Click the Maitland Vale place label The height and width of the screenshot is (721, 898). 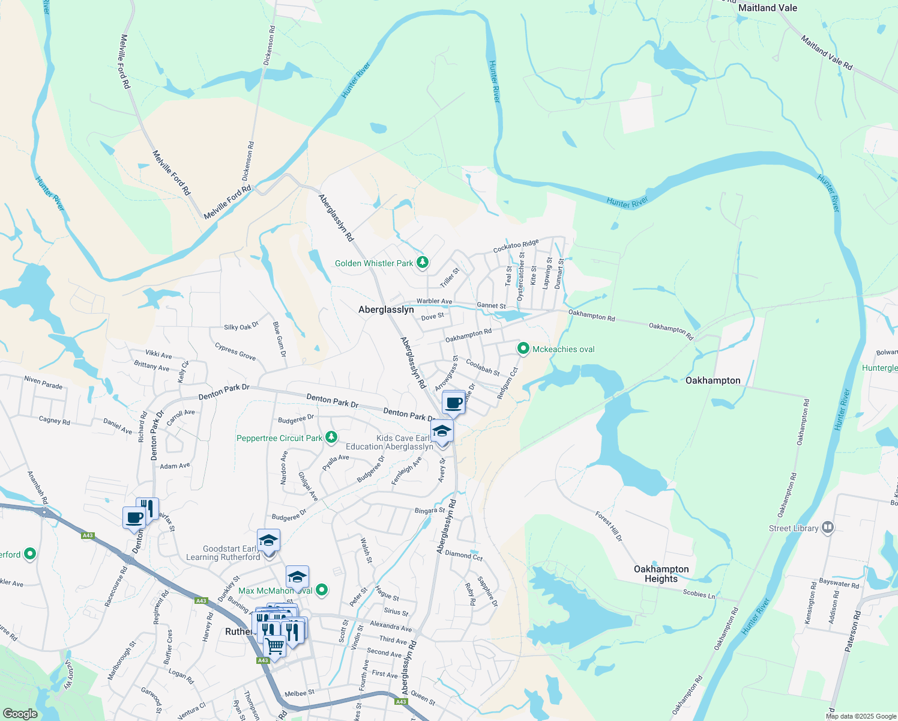pyautogui.click(x=767, y=8)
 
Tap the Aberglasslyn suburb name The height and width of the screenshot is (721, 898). pyautogui.click(x=386, y=309)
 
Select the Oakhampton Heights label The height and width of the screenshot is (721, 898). pyautogui.click(x=661, y=574)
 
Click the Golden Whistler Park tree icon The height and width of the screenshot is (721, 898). pyautogui.click(x=423, y=262)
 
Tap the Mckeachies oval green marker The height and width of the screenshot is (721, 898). pyautogui.click(x=523, y=348)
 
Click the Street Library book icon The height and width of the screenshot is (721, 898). pyautogui.click(x=828, y=528)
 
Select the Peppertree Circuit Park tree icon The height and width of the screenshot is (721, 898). pyautogui.click(x=331, y=437)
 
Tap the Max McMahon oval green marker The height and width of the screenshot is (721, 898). pyautogui.click(x=322, y=590)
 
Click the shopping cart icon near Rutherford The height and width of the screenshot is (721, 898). pyautogui.click(x=274, y=647)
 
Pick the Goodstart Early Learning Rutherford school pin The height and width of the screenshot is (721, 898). pyautogui.click(x=268, y=540)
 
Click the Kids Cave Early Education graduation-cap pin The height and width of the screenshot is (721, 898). pyautogui.click(x=442, y=431)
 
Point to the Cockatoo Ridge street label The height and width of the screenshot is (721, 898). pyautogui.click(x=516, y=246)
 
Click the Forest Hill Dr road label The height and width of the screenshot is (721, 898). pyautogui.click(x=609, y=526)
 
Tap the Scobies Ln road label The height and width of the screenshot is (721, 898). pyautogui.click(x=699, y=594)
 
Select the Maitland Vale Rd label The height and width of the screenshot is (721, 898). pyautogui.click(x=826, y=52)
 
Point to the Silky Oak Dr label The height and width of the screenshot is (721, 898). pyautogui.click(x=241, y=326)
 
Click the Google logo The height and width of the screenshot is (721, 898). pyautogui.click(x=20, y=714)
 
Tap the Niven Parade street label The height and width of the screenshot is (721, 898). pyautogui.click(x=43, y=382)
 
